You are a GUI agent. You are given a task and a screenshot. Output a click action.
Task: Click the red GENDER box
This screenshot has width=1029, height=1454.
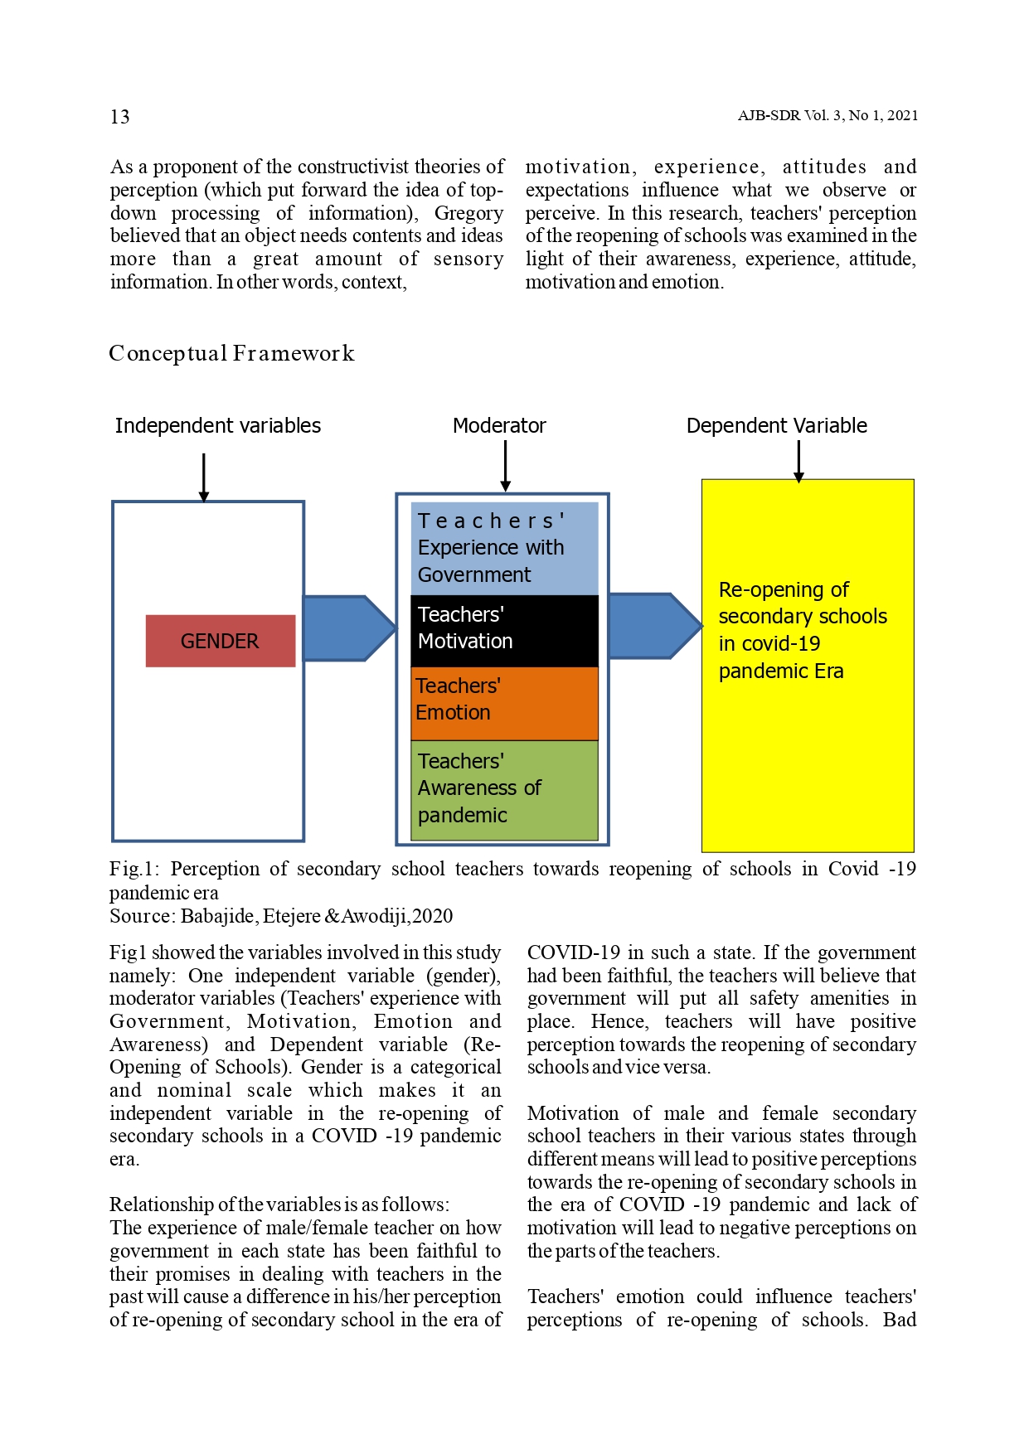pyautogui.click(x=220, y=641)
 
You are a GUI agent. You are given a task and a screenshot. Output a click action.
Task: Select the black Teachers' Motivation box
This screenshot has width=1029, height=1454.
pyautogui.click(x=504, y=630)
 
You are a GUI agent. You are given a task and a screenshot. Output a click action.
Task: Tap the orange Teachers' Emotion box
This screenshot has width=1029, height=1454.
pyautogui.click(x=504, y=702)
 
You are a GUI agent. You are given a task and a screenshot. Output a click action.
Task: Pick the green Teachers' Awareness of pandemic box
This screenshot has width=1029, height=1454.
pyautogui.click(x=504, y=789)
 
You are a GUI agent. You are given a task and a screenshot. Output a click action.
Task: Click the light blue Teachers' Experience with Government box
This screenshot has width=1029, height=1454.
pyautogui.click(x=504, y=548)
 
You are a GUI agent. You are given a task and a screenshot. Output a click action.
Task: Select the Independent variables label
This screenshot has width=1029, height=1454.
pyautogui.click(x=218, y=426)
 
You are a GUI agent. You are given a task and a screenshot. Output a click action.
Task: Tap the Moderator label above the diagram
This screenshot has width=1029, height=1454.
pyautogui.click(x=499, y=426)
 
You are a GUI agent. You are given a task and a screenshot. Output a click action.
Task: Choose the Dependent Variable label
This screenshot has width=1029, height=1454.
pyautogui.click(x=776, y=426)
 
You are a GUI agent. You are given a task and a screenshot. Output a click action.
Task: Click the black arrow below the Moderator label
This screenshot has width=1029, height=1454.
pyautogui.click(x=505, y=465)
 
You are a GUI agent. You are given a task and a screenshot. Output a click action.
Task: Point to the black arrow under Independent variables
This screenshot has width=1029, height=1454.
pyautogui.click(x=204, y=477)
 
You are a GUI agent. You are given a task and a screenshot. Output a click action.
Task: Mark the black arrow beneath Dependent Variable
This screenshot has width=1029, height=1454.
pyautogui.click(x=798, y=461)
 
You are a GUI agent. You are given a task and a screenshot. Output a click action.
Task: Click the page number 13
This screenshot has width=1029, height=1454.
pyautogui.click(x=119, y=117)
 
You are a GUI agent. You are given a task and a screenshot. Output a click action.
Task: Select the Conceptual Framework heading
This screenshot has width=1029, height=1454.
pyautogui.click(x=231, y=354)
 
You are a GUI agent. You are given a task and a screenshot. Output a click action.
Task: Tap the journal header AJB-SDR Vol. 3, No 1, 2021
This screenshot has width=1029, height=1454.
pyautogui.click(x=828, y=116)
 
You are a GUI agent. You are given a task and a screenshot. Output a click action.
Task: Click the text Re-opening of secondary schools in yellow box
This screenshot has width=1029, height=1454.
pyautogui.click(x=802, y=630)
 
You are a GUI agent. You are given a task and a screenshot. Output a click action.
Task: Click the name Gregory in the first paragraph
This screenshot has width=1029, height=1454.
pyautogui.click(x=468, y=213)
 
